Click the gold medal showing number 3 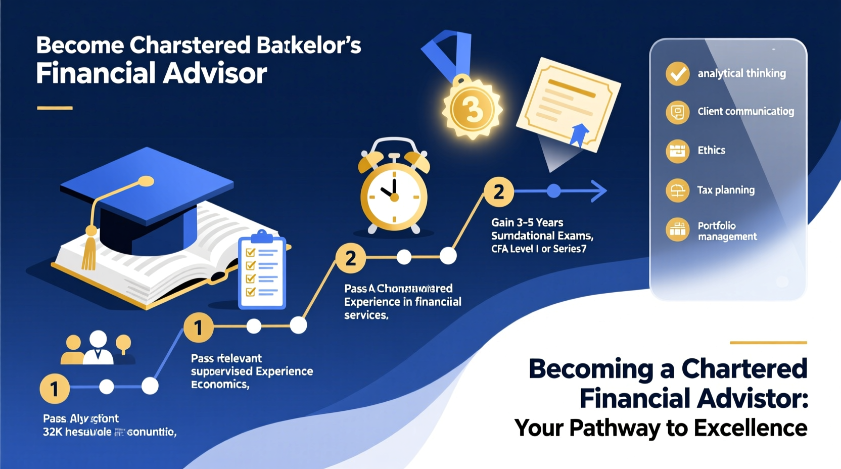click(x=472, y=109)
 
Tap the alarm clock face click(x=394, y=195)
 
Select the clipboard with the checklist click(x=262, y=272)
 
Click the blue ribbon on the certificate click(x=579, y=134)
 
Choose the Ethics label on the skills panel click(x=711, y=150)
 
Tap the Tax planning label click(x=726, y=190)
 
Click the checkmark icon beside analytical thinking click(x=677, y=74)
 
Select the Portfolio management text click(x=727, y=231)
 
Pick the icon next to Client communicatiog click(x=677, y=112)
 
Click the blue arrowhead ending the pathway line click(x=599, y=191)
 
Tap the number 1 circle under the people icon click(x=55, y=389)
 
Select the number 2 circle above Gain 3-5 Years click(x=498, y=192)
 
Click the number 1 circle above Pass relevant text click(x=198, y=327)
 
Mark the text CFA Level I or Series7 click(x=539, y=249)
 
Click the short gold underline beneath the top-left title click(x=55, y=108)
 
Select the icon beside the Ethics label click(x=677, y=151)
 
